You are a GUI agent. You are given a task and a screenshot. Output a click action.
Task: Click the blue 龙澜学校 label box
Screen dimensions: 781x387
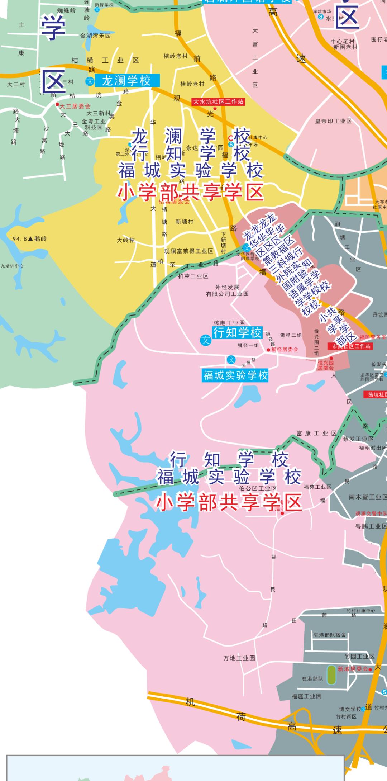[x=126, y=81]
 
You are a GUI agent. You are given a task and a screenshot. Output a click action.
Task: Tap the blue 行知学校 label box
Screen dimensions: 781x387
[x=237, y=332]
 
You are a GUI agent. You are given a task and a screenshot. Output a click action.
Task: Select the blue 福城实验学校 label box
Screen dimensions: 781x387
[x=235, y=375]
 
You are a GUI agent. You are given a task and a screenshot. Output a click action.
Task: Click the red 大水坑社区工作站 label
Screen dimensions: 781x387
[x=218, y=102]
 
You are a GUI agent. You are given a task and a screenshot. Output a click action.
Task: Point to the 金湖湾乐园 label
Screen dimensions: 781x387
[x=95, y=35]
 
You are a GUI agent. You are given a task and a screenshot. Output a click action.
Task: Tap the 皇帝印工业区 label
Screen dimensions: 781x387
[x=333, y=121]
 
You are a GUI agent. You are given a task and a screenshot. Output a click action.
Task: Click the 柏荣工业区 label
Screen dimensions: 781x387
[x=193, y=276]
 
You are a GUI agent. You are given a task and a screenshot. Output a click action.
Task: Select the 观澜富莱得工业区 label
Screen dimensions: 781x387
[x=188, y=251]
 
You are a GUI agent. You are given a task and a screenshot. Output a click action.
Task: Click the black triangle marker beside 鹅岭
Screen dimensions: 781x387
[x=30, y=238]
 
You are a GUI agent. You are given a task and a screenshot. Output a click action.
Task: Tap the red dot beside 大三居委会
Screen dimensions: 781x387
[x=57, y=105]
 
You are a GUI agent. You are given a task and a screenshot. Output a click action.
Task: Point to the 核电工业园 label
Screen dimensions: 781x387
[x=229, y=323]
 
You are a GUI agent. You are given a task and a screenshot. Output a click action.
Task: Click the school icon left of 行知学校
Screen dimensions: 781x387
[x=206, y=340]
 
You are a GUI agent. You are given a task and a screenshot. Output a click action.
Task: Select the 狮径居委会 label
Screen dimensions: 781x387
[x=285, y=349]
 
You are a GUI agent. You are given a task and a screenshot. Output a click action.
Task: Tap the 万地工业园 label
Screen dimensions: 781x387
[x=239, y=658]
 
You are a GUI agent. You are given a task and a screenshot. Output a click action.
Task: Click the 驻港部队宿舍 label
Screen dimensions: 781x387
[x=330, y=635]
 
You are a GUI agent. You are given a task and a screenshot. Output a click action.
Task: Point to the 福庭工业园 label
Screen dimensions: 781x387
[x=306, y=696]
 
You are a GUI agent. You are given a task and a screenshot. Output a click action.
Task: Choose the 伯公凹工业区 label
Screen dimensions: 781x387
[x=258, y=488]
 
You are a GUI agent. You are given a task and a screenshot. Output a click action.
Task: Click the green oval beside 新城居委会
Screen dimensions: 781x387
[x=331, y=674]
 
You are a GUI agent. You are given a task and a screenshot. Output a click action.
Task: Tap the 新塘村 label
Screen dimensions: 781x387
[x=184, y=222]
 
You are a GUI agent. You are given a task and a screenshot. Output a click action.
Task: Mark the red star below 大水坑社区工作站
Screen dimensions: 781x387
[x=215, y=108]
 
